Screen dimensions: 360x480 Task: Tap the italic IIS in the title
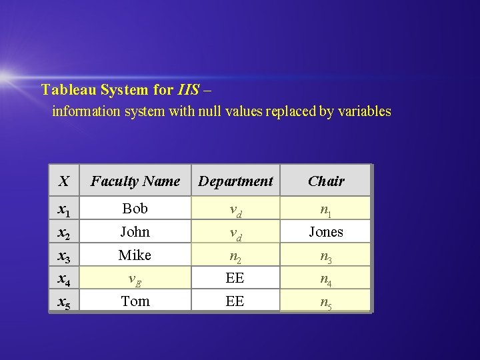[188, 89]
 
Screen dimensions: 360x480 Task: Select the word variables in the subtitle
[359, 111]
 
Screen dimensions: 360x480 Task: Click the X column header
[63, 181]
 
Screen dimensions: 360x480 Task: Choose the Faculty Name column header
[135, 181]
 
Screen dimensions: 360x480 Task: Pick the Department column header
[235, 181]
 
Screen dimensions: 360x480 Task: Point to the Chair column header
[326, 181]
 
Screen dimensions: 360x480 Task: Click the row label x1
[64, 210]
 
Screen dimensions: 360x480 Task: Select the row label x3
[64, 256]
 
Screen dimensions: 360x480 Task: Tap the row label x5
[64, 302]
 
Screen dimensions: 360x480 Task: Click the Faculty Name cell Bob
[135, 209]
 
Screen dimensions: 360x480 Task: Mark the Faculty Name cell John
[135, 232]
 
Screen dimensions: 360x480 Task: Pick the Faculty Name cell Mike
[135, 255]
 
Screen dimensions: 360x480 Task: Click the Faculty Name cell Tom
[135, 301]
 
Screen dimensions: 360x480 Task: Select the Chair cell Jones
[326, 232]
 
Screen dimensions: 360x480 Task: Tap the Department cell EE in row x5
[235, 301]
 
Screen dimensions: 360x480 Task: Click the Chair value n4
[326, 280]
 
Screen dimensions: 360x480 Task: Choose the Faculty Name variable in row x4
[135, 280]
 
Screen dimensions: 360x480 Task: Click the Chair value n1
[326, 210]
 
